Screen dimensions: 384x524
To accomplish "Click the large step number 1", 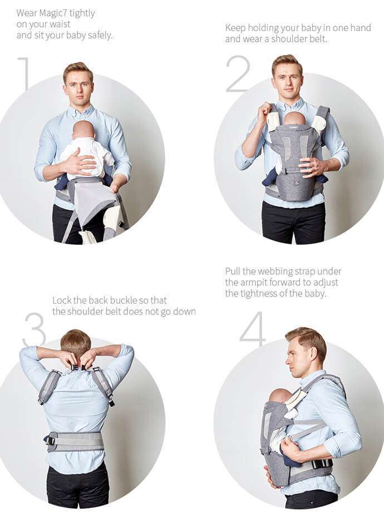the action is tap(24, 74).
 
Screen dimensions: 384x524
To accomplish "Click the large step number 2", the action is tap(238, 74).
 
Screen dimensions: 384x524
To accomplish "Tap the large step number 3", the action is tap(35, 329).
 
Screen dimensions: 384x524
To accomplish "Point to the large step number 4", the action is tap(253, 328).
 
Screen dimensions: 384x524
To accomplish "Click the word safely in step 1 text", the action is tap(100, 36).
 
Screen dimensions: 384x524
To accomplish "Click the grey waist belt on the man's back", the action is tap(76, 442).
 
